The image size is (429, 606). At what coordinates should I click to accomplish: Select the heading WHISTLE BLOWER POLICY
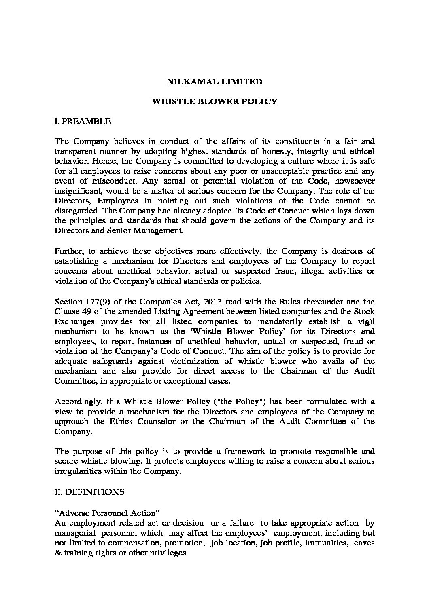point(214,101)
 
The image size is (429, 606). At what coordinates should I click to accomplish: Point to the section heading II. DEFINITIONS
point(89,492)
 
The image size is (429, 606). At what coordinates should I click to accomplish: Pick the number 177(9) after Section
point(94,302)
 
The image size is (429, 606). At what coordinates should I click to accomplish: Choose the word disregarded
point(75,211)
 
